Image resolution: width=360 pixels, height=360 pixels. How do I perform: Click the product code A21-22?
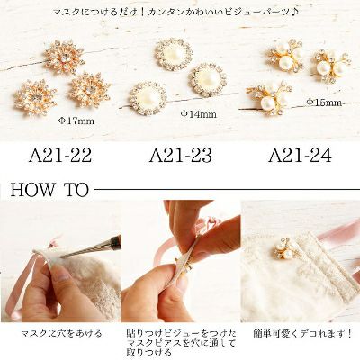coord(60,155)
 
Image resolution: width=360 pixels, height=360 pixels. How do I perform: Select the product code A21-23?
coord(181,155)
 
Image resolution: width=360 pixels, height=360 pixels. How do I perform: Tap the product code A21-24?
coord(300,155)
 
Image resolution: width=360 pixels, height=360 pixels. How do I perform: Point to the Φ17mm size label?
coord(76,121)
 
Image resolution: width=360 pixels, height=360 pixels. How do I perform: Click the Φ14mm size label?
coord(198,114)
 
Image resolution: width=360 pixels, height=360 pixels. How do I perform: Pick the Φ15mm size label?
coord(324,103)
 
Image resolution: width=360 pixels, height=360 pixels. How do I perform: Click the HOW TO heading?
coord(49,190)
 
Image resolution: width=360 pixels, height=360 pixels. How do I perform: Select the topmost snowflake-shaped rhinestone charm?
coord(64,57)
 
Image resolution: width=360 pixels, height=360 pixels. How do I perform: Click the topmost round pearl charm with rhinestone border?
coord(174,55)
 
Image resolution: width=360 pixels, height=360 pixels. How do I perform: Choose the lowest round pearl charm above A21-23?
coord(148,99)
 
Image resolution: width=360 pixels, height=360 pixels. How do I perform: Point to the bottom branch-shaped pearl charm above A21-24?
coord(268,99)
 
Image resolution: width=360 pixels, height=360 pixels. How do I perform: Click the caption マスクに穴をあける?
coord(61,333)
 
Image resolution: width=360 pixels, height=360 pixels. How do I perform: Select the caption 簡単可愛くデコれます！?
coord(302,333)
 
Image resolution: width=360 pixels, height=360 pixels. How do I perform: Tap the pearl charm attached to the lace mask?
coord(283,251)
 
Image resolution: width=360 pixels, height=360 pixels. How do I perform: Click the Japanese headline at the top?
coord(175,13)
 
